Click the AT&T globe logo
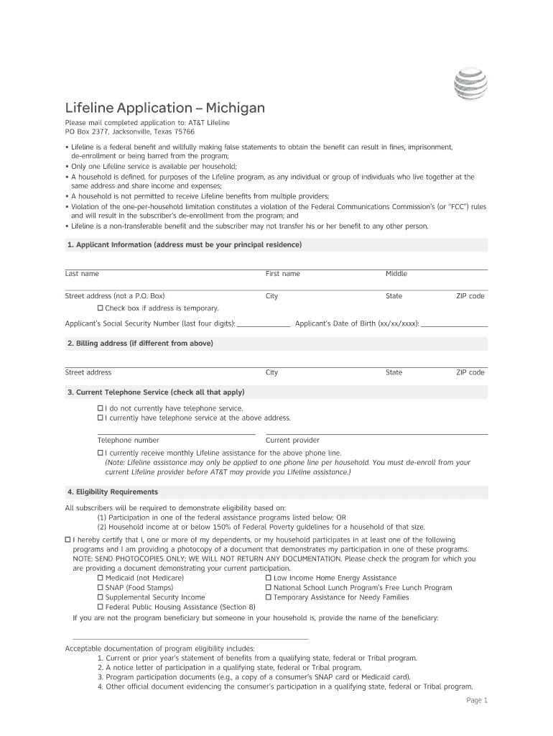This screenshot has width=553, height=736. point(470,84)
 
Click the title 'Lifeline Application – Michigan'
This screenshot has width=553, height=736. point(165,109)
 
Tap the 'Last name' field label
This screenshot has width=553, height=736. point(82,274)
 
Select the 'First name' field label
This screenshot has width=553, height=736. point(283,274)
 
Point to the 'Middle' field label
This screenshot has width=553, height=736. point(396,274)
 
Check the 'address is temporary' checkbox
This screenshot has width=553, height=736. point(101,308)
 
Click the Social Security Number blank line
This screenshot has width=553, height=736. point(264,323)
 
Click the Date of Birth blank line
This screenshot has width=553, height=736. point(454,323)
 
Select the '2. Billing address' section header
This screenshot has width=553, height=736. point(140,344)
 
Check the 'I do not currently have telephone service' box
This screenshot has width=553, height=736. point(101,408)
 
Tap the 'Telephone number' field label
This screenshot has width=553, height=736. point(129,440)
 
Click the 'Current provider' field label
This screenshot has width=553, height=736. point(292,440)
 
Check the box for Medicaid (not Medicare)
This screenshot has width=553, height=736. point(101,578)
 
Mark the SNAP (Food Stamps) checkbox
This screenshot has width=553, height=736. point(101,588)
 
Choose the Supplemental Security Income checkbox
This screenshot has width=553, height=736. point(101,597)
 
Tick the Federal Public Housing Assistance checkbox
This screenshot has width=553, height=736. point(101,607)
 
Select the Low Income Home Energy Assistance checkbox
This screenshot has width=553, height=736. point(269,578)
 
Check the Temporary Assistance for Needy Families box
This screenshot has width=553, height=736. point(269,597)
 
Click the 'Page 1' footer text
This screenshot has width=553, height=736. point(477,700)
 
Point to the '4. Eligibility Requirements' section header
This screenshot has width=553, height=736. point(112,492)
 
